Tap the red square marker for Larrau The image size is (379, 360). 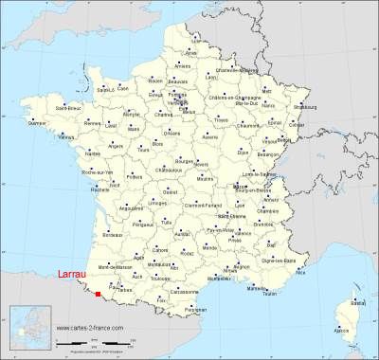click(x=98, y=295)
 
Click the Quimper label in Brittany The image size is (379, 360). click(x=37, y=123)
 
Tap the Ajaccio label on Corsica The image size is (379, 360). click(x=341, y=330)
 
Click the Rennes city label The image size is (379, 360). click(x=91, y=124)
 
